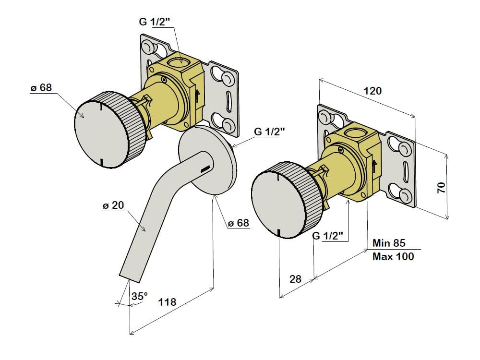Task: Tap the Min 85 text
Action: click(x=389, y=243)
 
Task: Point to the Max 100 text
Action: click(x=393, y=257)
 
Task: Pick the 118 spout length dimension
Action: click(x=167, y=302)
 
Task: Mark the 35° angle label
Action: click(x=139, y=297)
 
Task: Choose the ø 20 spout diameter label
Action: click(x=113, y=205)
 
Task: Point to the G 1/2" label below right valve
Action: click(x=328, y=236)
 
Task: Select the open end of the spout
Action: click(x=131, y=278)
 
